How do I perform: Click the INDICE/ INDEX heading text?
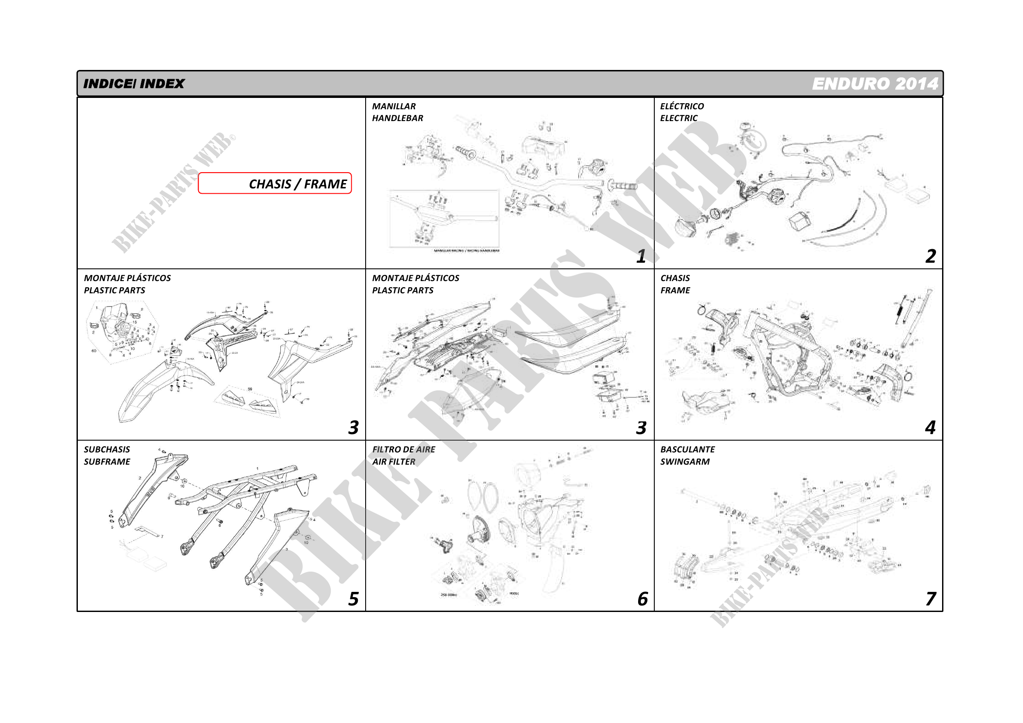tap(134, 83)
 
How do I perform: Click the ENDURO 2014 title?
tap(875, 83)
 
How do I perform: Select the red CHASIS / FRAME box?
tap(275, 184)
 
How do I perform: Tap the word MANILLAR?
tap(394, 106)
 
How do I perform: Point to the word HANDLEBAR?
tap(398, 118)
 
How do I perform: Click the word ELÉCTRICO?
tap(682, 106)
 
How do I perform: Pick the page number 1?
tap(641, 256)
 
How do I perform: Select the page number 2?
tap(930, 256)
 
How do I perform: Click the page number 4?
tap(930, 428)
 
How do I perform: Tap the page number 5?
tap(353, 599)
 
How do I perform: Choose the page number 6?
tap(642, 599)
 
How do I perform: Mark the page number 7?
tap(930, 599)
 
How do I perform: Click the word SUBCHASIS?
tap(107, 450)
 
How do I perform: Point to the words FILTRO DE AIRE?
tap(404, 450)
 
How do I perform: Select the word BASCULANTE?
tap(688, 450)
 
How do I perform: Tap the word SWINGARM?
tap(685, 462)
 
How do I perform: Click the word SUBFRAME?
tap(107, 462)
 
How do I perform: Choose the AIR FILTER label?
tap(394, 462)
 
